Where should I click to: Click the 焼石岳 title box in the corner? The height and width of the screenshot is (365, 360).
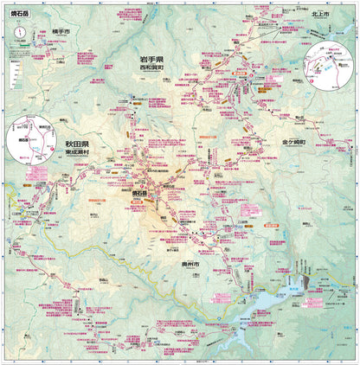pos(19,14)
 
